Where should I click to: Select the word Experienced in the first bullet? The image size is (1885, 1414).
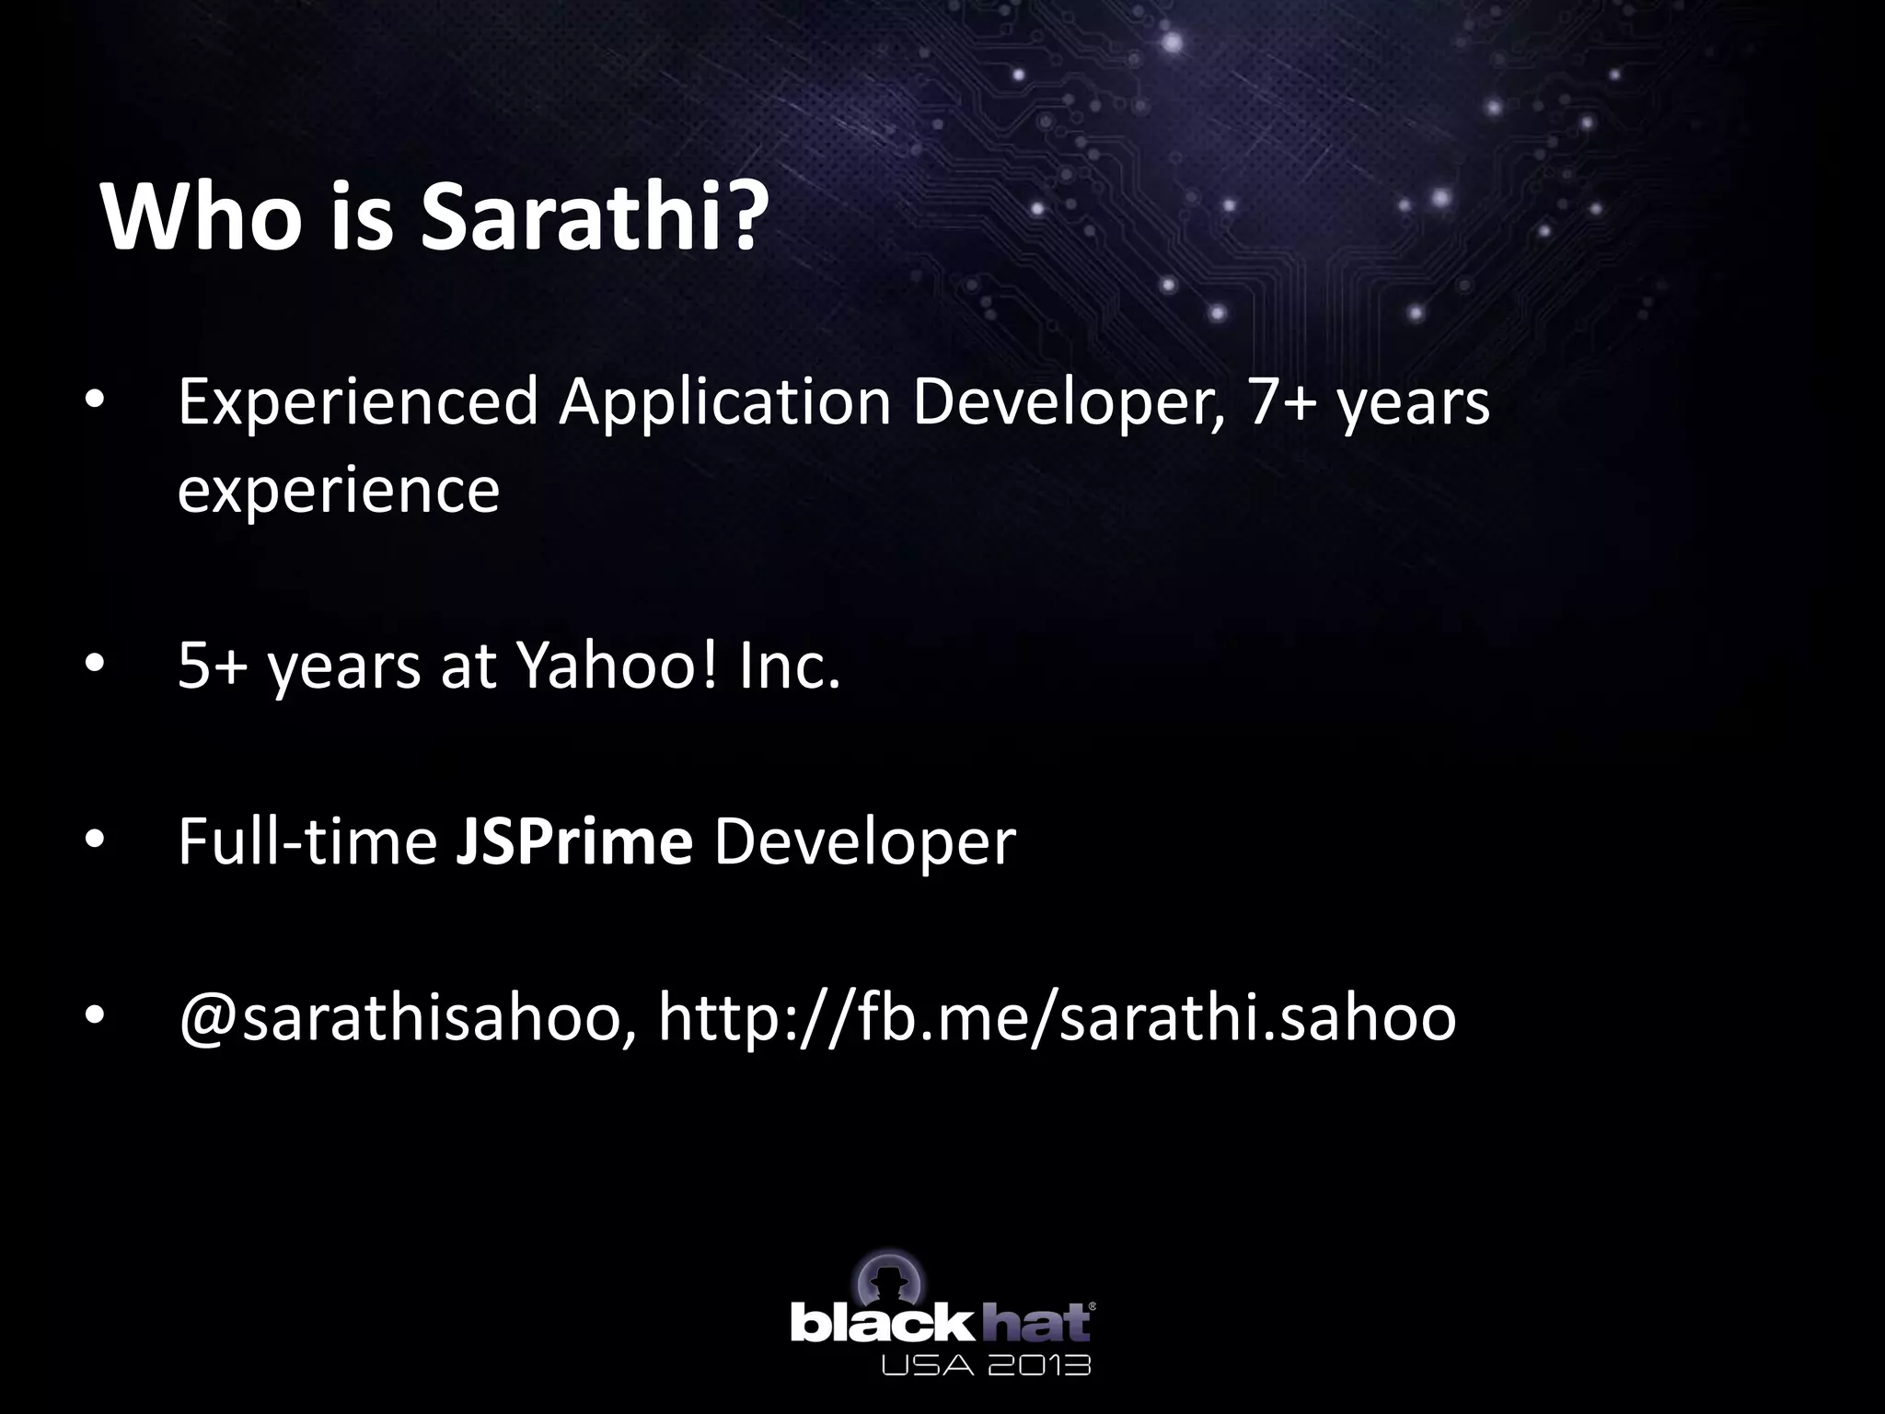(x=357, y=402)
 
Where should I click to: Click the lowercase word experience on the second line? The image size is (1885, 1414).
(x=338, y=491)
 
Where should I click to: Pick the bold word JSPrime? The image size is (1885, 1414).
(x=573, y=841)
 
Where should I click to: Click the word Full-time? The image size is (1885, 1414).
(x=306, y=841)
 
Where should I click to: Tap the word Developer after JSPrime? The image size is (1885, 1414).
(x=864, y=841)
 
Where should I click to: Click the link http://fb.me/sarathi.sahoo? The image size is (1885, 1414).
(x=1057, y=1018)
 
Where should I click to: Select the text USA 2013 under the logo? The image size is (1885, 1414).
(x=986, y=1364)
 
